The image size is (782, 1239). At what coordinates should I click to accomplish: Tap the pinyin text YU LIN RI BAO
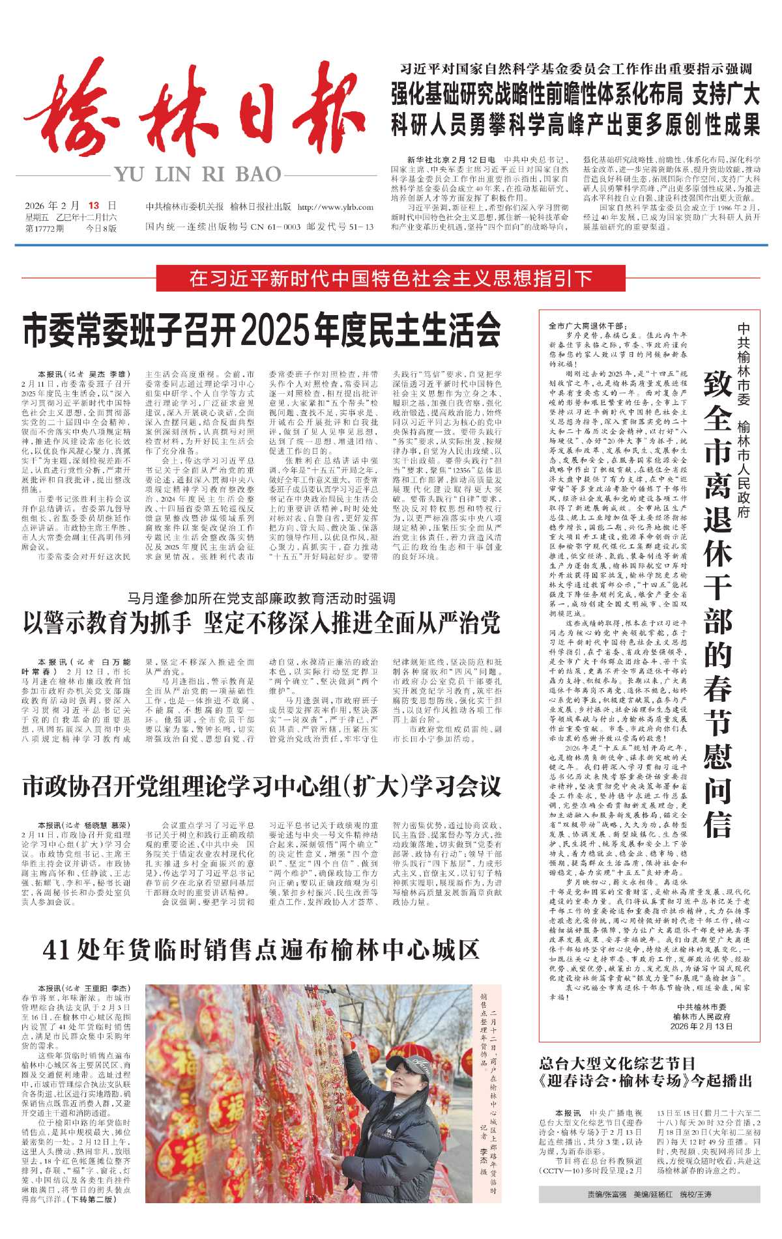coord(198,174)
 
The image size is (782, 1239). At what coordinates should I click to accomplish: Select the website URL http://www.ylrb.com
coord(335,207)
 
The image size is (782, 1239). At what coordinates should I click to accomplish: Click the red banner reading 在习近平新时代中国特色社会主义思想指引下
coord(390,279)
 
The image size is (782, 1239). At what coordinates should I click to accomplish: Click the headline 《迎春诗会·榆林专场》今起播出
coord(646,1081)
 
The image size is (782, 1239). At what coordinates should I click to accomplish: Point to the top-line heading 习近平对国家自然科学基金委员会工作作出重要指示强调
coord(576,69)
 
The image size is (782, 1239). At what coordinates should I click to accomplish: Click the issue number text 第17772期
coord(44,229)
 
